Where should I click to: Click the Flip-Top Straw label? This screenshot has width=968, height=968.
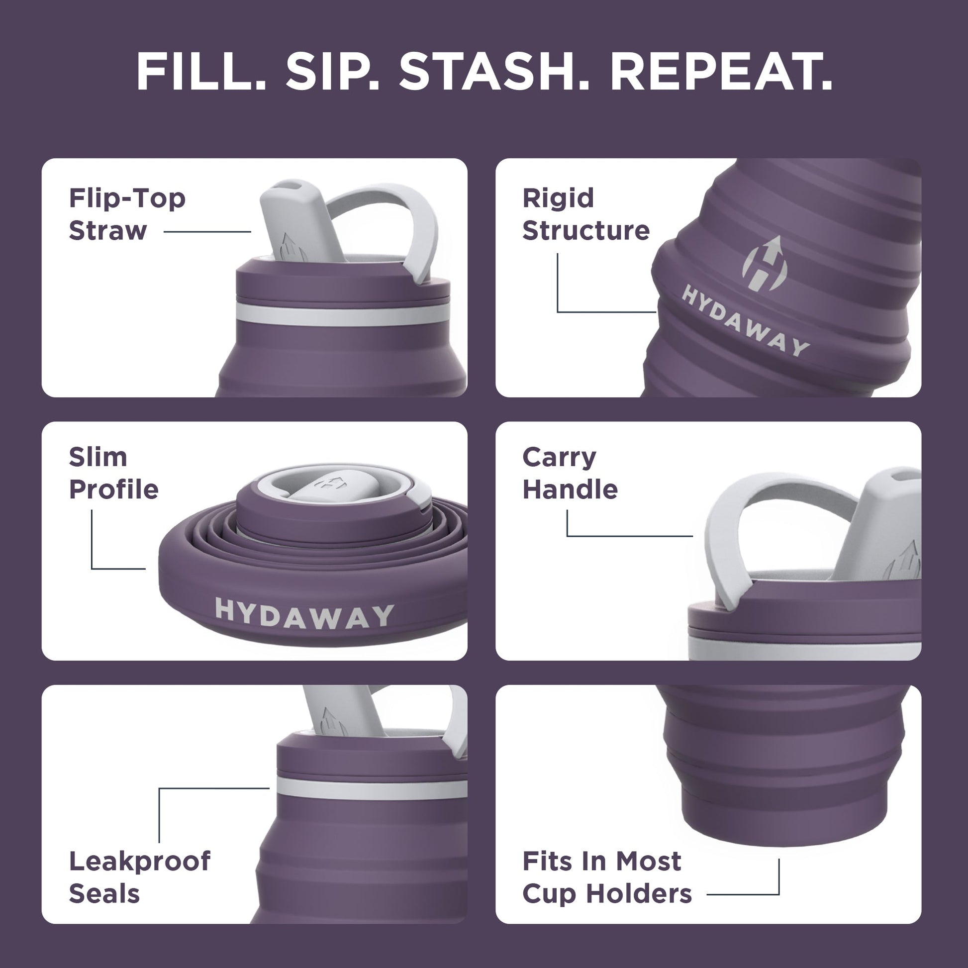coord(127,214)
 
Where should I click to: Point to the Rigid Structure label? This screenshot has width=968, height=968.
coord(585,214)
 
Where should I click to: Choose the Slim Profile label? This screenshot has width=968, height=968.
coord(113,473)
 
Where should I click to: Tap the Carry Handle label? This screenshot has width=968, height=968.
coord(570,473)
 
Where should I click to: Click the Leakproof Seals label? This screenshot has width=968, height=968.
coord(139,877)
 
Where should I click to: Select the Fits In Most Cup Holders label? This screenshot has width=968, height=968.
coord(606,877)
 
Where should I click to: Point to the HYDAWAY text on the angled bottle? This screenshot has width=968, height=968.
coord(745,321)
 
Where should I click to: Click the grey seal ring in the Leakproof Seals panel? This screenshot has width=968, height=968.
coord(371,789)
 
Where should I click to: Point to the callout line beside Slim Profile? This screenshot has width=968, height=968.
coord(93,546)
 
